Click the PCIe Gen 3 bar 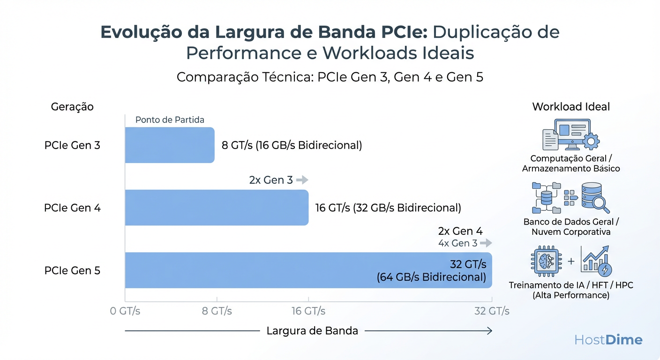pyautogui.click(x=169, y=145)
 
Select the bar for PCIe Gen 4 pyautogui.click(x=217, y=208)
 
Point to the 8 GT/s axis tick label pyautogui.click(x=217, y=311)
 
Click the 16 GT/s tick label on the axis pyautogui.click(x=308, y=311)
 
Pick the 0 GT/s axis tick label pyautogui.click(x=125, y=311)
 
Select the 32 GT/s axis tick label pyautogui.click(x=492, y=311)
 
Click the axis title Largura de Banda pyautogui.click(x=312, y=331)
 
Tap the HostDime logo pyautogui.click(x=608, y=340)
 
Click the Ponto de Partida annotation pyautogui.click(x=170, y=120)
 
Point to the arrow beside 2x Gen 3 pyautogui.click(x=302, y=180)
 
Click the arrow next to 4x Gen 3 pyautogui.click(x=486, y=243)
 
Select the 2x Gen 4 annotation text pyautogui.click(x=460, y=231)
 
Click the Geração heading pyautogui.click(x=72, y=107)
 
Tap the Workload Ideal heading pyautogui.click(x=571, y=107)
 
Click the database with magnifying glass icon pyautogui.click(x=595, y=197)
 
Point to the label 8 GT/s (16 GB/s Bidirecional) pyautogui.click(x=292, y=145)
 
